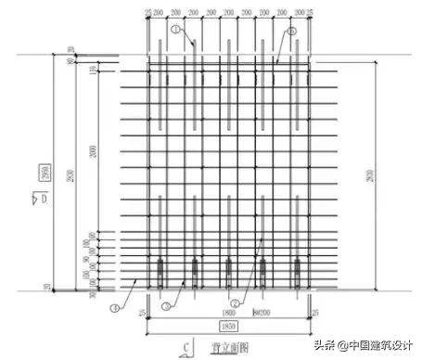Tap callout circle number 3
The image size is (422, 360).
click(165, 305)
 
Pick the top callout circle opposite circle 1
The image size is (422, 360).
click(293, 30)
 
